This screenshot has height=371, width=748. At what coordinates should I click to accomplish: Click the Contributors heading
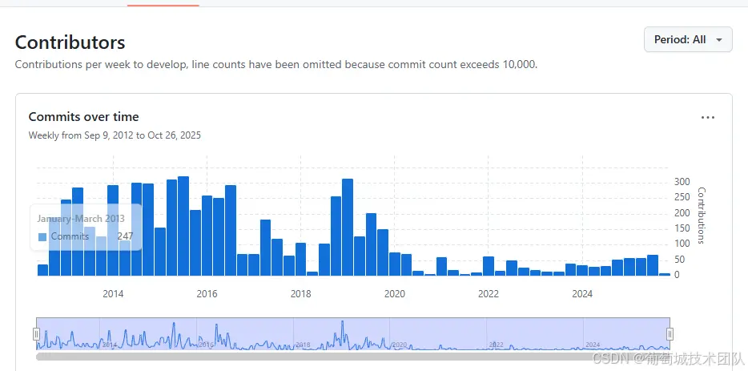(x=70, y=42)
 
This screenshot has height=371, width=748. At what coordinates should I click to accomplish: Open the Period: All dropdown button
(x=687, y=39)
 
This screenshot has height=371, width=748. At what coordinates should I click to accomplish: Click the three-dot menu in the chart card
(x=707, y=118)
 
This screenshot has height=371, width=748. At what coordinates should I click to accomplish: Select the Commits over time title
(x=83, y=117)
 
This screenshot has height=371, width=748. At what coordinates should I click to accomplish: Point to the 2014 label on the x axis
(x=113, y=294)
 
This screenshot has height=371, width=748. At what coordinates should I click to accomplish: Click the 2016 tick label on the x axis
(x=207, y=294)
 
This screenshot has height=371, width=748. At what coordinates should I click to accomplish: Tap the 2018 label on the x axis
(x=300, y=294)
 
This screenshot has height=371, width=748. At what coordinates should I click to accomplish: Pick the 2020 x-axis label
(x=394, y=294)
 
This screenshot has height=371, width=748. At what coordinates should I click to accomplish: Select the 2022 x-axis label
(x=488, y=294)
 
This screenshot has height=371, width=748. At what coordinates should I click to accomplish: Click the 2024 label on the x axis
(x=582, y=294)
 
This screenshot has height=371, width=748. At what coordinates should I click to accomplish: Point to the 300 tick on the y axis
(x=682, y=182)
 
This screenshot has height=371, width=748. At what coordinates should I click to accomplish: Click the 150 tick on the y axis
(x=682, y=228)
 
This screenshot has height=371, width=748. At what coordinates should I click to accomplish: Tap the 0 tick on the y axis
(x=678, y=275)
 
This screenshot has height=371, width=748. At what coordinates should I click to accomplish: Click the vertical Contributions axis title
(x=702, y=216)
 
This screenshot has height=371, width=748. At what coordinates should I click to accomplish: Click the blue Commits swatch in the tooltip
(x=42, y=237)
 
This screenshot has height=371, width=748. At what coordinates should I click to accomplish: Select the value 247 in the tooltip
(x=125, y=236)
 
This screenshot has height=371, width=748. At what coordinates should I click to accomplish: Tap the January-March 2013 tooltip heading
(x=81, y=219)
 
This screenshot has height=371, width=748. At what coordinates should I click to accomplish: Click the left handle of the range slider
(x=36, y=334)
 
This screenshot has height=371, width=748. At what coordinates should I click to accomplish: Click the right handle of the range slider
(x=670, y=334)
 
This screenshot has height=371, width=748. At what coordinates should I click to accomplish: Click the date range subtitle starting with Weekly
(x=115, y=135)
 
